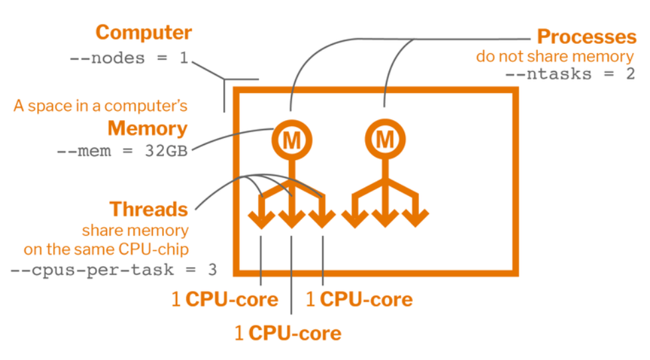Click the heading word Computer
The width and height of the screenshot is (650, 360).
point(143,32)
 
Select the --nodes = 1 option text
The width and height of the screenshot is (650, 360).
point(129,58)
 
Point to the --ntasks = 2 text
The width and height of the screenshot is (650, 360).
point(570,74)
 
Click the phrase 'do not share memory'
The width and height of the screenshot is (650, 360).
point(555,56)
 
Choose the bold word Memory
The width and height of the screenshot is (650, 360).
point(147,128)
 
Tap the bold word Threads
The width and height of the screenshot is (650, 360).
point(149,209)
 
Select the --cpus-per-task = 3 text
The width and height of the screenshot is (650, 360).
point(114,270)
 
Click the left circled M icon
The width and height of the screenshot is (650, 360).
point(290,140)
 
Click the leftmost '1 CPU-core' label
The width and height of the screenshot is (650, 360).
point(224,300)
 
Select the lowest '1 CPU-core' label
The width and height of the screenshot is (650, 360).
point(287,333)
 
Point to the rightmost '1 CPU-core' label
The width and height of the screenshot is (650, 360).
point(359,300)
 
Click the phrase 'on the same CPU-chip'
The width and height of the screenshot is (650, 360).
point(106,250)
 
